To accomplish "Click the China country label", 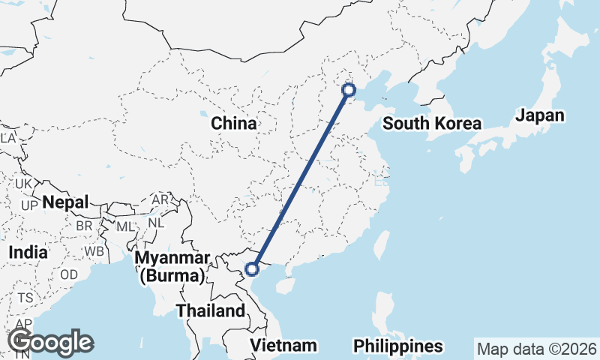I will [x=233, y=123].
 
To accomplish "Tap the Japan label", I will [x=539, y=115].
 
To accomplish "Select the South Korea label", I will [x=431, y=124].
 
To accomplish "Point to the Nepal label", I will [x=65, y=202].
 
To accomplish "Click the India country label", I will [x=28, y=253].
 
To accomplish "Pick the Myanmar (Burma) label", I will [x=171, y=268].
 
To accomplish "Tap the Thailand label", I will [x=211, y=310].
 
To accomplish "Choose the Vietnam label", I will [x=283, y=346].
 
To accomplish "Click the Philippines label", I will [x=398, y=346].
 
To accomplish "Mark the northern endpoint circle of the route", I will [x=349, y=90].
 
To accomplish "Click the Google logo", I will [x=51, y=342].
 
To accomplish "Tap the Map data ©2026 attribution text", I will [x=537, y=349].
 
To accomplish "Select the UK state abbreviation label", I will [x=23, y=184].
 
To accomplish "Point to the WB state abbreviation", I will [x=94, y=250].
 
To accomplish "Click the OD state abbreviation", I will [x=69, y=274].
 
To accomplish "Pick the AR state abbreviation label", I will [x=160, y=200].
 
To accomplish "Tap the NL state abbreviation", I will [x=156, y=223].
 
